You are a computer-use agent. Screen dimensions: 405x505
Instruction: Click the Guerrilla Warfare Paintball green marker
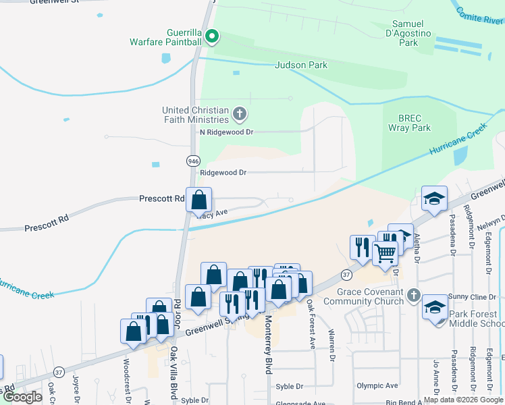point(212,36)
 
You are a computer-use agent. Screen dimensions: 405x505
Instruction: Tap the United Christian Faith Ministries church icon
point(239,113)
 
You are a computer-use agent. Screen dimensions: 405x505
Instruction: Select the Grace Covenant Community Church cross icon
point(414,295)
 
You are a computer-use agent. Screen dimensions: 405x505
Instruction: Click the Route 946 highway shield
point(193,161)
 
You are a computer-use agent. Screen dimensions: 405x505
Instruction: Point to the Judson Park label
point(301,65)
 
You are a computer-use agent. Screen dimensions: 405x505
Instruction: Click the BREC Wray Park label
point(409,122)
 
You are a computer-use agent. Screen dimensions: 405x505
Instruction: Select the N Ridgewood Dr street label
point(226,132)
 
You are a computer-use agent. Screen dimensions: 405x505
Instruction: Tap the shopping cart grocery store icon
point(385,253)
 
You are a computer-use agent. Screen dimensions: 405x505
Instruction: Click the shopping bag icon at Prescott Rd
point(198,200)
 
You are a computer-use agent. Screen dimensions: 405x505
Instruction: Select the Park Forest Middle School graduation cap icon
point(434,306)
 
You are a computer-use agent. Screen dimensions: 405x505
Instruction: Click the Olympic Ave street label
point(378,386)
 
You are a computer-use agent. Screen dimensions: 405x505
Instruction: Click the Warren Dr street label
point(331,344)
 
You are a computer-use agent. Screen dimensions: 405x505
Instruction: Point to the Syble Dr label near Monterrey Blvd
point(290,387)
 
